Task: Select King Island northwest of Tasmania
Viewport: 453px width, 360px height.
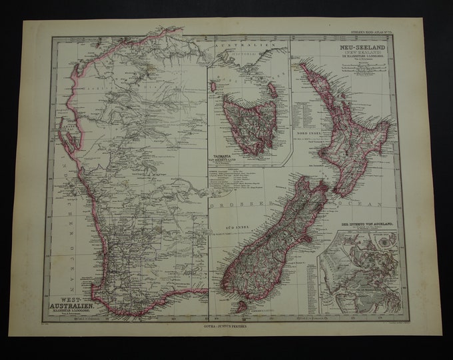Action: click(x=214, y=86)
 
